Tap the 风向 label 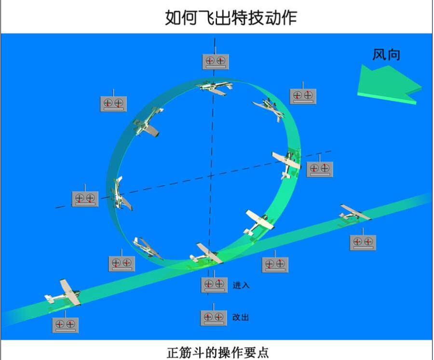click(x=386, y=54)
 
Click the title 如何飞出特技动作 click(x=231, y=17)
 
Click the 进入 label click(x=241, y=285)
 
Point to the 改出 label click(x=241, y=317)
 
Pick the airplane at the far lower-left click(x=63, y=293)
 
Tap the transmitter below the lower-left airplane click(x=65, y=324)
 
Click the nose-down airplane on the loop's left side click(x=120, y=194)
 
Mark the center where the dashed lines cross click(x=211, y=176)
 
